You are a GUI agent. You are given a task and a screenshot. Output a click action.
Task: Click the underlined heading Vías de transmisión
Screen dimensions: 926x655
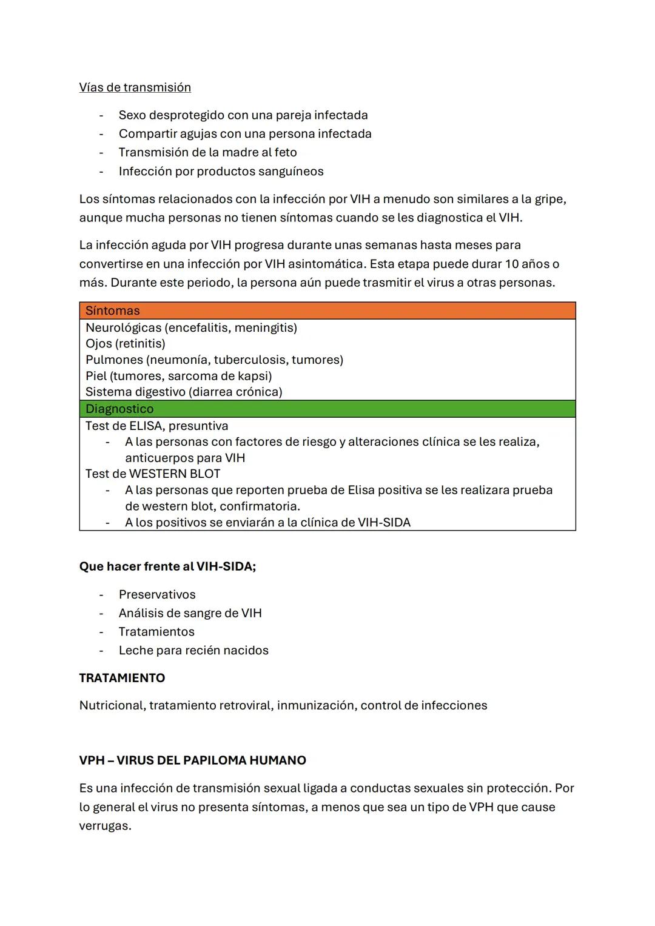point(135,87)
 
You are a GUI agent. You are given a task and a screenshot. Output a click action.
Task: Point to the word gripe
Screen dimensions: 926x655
point(549,199)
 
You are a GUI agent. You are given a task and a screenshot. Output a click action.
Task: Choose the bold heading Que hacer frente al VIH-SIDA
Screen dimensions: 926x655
point(167,566)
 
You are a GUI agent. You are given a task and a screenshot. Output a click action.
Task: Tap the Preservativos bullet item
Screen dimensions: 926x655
point(157,594)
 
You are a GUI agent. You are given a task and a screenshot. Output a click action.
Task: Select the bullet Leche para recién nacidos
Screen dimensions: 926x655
point(193,650)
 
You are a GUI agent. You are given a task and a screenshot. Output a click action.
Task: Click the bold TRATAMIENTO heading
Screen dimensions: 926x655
point(122,678)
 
